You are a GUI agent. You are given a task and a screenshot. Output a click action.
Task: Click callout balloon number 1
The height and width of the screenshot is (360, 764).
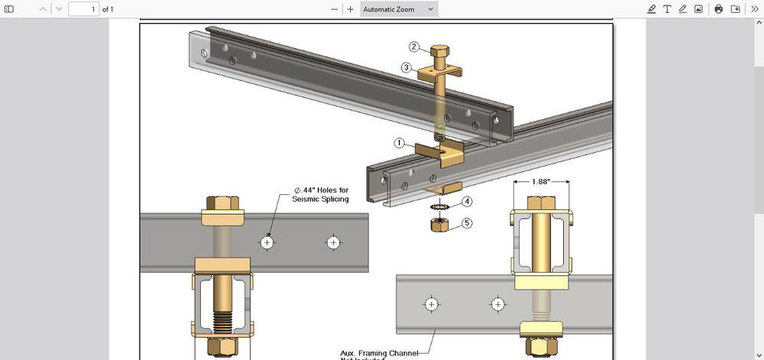[399, 143]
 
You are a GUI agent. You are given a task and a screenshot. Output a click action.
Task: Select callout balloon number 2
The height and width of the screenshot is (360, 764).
[413, 47]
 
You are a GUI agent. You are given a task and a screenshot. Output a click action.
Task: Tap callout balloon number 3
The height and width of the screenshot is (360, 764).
[407, 67]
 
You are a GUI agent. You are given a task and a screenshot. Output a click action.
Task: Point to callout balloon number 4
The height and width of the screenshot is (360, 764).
[467, 202]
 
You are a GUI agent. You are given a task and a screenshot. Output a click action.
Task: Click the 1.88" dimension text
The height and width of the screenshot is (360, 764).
[541, 182]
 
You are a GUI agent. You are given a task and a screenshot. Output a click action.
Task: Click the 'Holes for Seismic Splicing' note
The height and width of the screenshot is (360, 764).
[320, 195]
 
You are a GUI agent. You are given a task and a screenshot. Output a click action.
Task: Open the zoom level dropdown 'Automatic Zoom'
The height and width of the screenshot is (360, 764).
[400, 9]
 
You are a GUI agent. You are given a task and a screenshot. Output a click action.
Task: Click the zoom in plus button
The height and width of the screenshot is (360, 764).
[351, 9]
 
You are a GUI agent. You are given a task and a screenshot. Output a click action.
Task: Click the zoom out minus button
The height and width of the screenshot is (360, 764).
[334, 9]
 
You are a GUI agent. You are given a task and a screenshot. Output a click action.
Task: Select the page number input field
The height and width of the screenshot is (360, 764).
[84, 9]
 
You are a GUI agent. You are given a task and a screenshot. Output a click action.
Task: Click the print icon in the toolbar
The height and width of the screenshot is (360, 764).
[718, 9]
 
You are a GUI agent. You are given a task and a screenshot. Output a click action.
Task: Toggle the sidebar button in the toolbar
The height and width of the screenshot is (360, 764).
[9, 9]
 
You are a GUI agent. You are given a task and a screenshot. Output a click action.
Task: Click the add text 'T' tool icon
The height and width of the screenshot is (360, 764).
[667, 9]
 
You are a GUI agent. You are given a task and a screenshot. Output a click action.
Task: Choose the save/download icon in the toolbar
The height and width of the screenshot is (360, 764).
[735, 9]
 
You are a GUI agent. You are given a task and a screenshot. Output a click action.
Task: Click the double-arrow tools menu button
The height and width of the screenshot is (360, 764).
[753, 9]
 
